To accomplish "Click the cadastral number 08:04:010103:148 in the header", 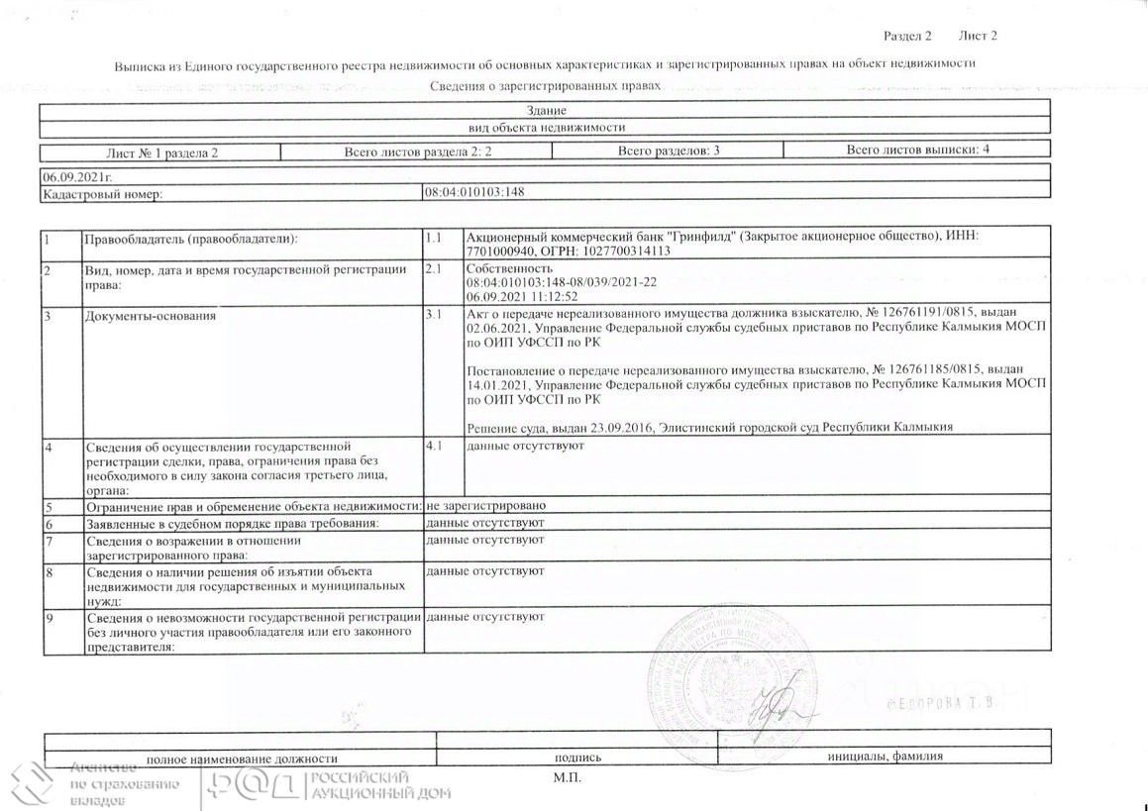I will (x=473, y=193).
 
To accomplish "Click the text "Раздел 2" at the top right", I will (x=907, y=37).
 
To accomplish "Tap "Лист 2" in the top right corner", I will (x=978, y=37).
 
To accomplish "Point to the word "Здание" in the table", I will (x=546, y=111).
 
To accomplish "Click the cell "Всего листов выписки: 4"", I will (x=917, y=151).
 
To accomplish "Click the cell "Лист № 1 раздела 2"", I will (x=161, y=152).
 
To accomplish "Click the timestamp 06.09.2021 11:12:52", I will (x=522, y=296).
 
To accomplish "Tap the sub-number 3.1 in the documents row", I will (x=433, y=315).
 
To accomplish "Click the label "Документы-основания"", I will (x=151, y=316).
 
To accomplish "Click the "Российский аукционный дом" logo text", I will (x=379, y=785).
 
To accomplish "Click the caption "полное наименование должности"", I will (x=235, y=757).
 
